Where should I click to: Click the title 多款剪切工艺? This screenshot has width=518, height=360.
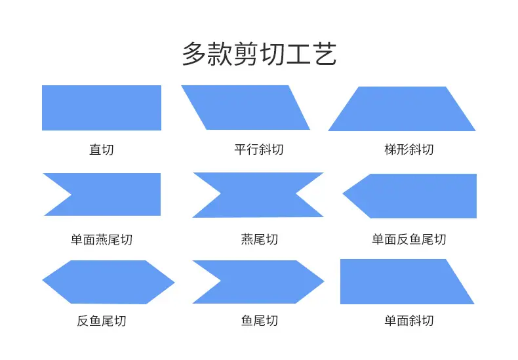coord(260,54)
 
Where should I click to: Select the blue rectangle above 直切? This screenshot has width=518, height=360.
coord(102,108)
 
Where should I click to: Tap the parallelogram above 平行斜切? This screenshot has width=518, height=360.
coord(245,108)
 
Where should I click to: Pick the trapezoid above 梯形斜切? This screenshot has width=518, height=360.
coord(402,109)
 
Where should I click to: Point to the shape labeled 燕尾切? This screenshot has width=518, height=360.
coord(258,195)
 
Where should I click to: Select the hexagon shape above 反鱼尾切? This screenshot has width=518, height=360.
coord(108,282)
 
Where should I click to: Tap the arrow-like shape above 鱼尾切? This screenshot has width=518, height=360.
coord(264,282)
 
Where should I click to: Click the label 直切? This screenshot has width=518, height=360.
coord(102,150)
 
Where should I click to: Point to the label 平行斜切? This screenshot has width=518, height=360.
coord(259,150)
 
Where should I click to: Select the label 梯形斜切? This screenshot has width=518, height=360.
coord(409,150)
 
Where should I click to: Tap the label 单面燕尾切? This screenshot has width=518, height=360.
coord(102,239)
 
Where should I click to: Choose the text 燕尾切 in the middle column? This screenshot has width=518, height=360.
coord(260,239)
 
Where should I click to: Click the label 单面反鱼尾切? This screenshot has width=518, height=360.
coord(409,239)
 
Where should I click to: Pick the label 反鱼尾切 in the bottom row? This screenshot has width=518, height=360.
coord(102,321)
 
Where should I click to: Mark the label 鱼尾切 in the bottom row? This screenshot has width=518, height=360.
coord(260,321)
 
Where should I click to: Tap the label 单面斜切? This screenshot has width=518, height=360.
coord(409,321)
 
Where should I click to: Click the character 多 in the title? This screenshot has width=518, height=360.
coord(194,54)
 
